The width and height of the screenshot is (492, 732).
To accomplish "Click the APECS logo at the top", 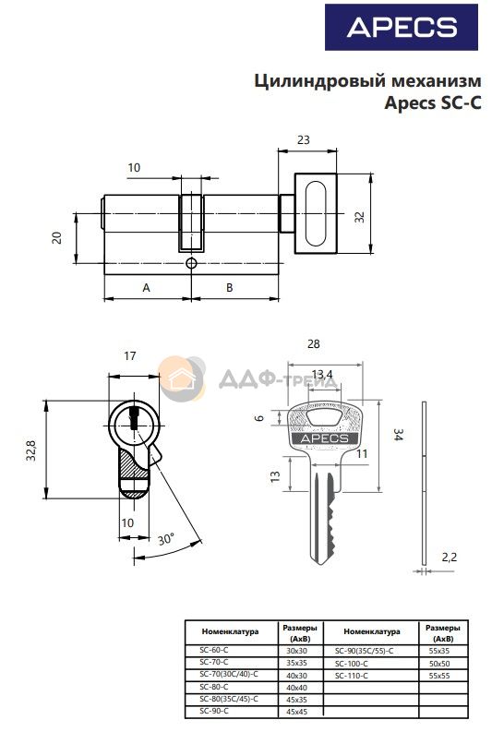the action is click(401, 27).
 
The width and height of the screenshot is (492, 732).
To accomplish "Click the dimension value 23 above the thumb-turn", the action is click(304, 139).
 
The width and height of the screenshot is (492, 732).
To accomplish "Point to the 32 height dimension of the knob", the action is click(359, 217).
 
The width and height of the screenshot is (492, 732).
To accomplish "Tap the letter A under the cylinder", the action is click(146, 288).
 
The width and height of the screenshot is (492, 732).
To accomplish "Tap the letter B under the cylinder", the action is click(229, 288).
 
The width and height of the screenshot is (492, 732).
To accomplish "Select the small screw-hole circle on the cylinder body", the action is click(191, 263).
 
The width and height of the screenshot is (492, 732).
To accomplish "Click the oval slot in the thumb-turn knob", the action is click(315, 213).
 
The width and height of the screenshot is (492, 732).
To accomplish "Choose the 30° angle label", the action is click(166, 539).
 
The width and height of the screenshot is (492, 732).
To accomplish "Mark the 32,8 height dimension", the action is click(31, 450).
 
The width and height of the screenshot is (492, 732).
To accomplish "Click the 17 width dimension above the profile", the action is click(130, 355).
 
